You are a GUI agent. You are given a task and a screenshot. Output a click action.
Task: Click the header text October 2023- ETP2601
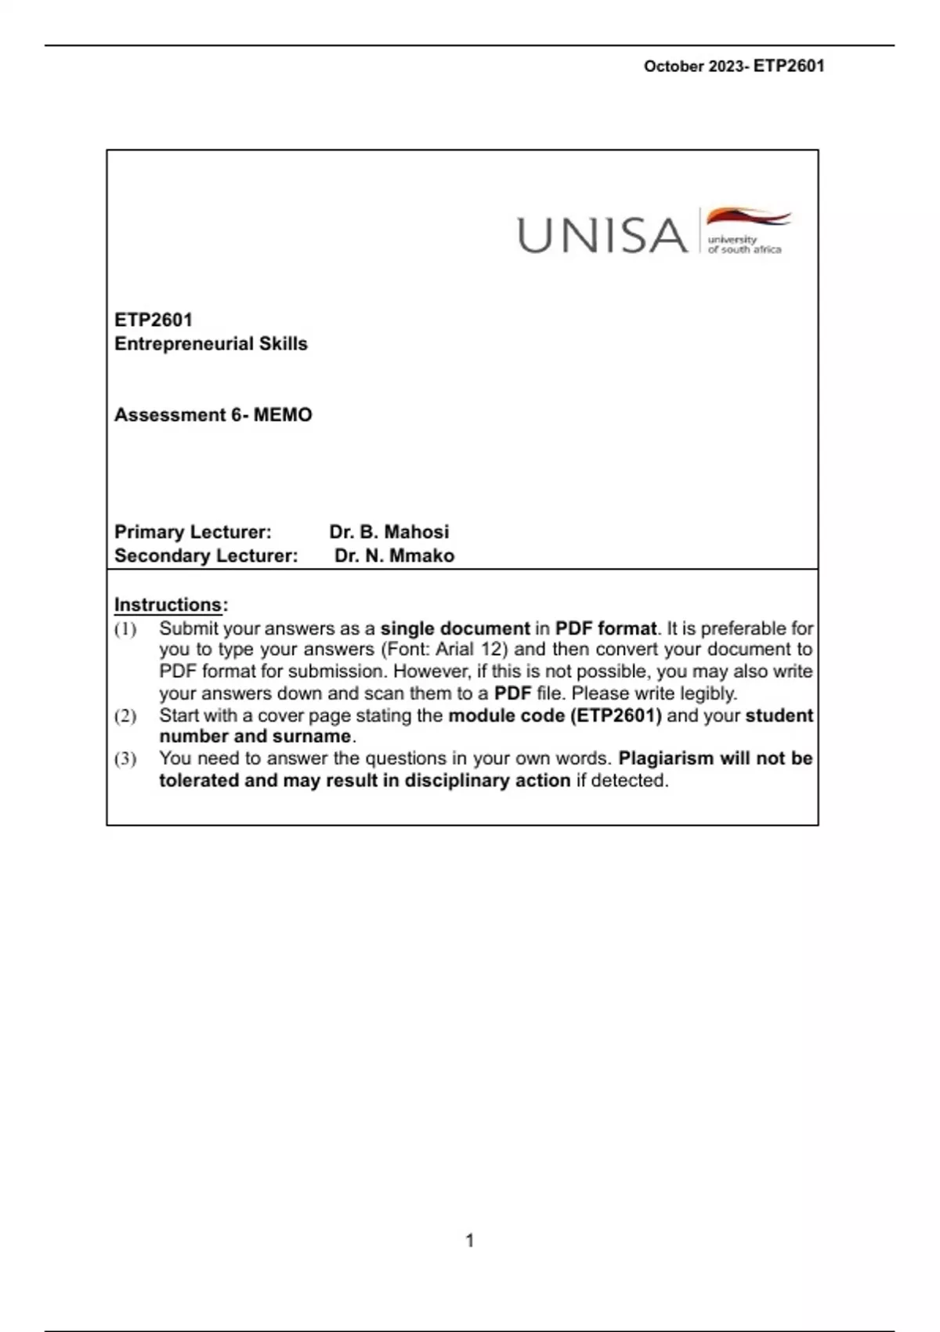734,67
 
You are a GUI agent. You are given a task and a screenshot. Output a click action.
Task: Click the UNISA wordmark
602,235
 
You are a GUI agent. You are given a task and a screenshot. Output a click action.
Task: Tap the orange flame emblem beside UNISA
748,217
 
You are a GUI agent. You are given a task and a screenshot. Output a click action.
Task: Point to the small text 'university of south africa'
743,244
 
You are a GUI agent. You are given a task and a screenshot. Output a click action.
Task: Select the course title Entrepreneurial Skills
211,344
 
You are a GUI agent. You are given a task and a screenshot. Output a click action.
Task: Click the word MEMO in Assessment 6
283,414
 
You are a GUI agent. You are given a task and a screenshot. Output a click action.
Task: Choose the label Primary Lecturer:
193,532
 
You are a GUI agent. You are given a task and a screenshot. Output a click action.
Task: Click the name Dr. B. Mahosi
389,532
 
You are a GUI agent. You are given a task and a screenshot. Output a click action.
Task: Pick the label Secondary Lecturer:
206,556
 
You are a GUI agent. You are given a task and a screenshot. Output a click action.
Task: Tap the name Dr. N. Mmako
394,556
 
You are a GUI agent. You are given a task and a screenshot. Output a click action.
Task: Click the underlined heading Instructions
168,605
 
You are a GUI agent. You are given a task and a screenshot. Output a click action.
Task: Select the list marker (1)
125,629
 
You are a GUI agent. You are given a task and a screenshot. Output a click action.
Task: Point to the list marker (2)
125,716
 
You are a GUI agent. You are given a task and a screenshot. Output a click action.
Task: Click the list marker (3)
125,759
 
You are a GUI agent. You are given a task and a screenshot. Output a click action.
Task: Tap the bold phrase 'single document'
455,628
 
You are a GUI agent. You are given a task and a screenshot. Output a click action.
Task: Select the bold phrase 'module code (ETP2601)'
555,715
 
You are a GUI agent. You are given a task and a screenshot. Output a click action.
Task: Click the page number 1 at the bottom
470,1240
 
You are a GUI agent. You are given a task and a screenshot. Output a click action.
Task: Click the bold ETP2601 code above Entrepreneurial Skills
154,320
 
